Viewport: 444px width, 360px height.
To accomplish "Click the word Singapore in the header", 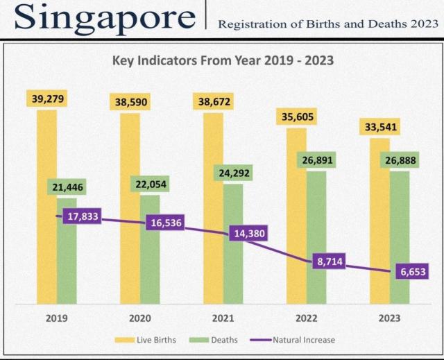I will [x=104, y=19].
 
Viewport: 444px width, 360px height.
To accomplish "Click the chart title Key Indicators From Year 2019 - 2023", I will [x=223, y=60].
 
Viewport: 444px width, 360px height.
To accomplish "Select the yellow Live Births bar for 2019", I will [x=46, y=208].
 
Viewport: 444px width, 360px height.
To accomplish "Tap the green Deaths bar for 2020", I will [x=150, y=257].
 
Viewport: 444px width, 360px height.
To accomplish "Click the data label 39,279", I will [x=48, y=99].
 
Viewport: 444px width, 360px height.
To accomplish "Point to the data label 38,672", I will [x=213, y=102].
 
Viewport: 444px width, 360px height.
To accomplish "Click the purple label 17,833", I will [x=82, y=216].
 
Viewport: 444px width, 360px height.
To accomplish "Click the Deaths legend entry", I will [x=217, y=340].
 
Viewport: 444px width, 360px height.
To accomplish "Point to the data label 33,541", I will [x=379, y=127].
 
